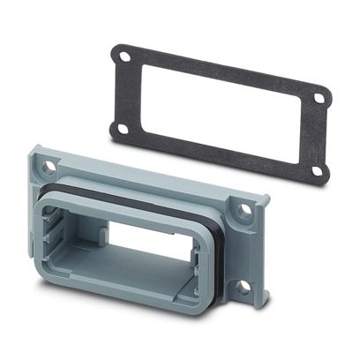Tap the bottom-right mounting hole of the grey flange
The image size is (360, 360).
click(240, 286)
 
